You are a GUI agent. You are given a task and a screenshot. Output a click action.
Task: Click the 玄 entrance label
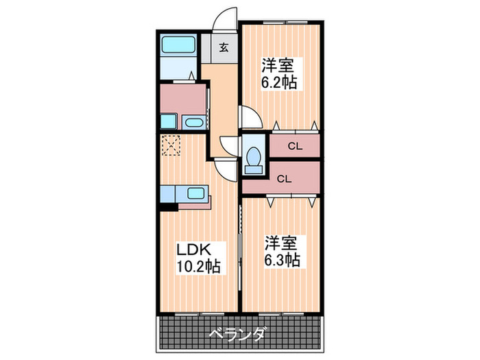[x=224, y=47]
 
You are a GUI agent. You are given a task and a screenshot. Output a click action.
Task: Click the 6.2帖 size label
[x=279, y=83]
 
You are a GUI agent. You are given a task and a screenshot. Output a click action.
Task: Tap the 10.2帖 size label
[x=198, y=266]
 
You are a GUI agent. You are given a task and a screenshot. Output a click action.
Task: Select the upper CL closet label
[x=295, y=145]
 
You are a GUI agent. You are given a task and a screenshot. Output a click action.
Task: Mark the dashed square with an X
[x=170, y=145]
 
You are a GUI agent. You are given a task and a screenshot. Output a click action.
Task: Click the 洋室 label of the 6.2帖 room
[x=278, y=66]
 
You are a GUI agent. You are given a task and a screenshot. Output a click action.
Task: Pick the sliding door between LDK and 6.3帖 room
[x=241, y=247]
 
